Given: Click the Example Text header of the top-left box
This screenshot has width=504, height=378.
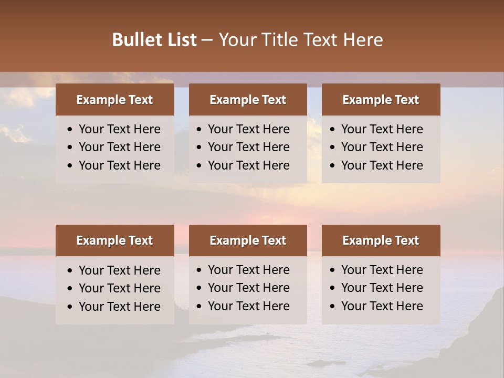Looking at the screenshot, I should click(114, 100).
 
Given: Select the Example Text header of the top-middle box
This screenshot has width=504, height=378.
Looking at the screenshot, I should click(248, 100).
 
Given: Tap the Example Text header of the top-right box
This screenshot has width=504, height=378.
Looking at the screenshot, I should click(381, 100).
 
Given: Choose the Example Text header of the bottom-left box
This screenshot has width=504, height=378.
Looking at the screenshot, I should click(114, 240).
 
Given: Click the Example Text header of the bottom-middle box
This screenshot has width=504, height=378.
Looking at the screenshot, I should click(248, 240).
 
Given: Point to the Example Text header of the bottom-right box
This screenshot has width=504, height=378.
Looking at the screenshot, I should click(381, 240).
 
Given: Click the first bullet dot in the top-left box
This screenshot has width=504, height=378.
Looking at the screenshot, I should click(70, 130).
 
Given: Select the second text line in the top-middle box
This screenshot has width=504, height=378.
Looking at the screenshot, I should click(248, 147).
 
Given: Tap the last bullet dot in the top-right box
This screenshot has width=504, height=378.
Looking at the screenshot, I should click(333, 165).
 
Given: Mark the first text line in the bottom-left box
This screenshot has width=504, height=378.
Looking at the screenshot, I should click(119, 270).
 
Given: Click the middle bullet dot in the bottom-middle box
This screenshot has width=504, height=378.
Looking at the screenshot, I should click(199, 288).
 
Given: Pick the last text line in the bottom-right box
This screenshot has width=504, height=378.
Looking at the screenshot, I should click(382, 306).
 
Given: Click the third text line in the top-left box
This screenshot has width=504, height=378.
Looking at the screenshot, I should click(119, 165).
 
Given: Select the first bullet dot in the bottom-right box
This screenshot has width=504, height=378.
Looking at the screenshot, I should click(333, 270).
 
